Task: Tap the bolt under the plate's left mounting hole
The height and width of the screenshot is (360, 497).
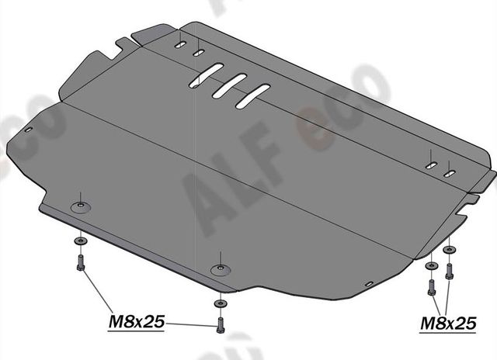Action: [x=81, y=265]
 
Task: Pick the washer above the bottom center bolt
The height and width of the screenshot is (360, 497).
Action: [x=221, y=303]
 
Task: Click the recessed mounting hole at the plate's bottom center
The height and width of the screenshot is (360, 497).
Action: [x=221, y=269]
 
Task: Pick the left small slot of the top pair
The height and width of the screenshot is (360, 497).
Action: [x=180, y=47]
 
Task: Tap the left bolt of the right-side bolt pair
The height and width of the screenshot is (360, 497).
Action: [x=433, y=288]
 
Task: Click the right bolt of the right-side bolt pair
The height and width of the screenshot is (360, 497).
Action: [x=448, y=272]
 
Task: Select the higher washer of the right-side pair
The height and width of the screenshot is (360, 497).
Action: [x=448, y=250]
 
